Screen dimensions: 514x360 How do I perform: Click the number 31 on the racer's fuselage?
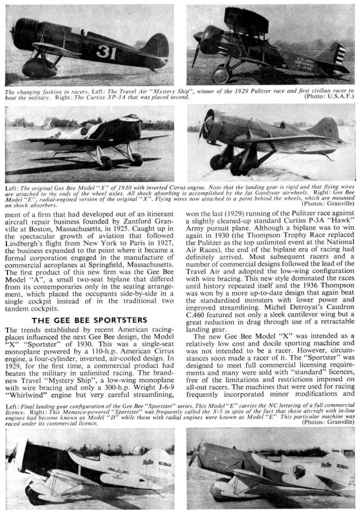coord(106,52)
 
